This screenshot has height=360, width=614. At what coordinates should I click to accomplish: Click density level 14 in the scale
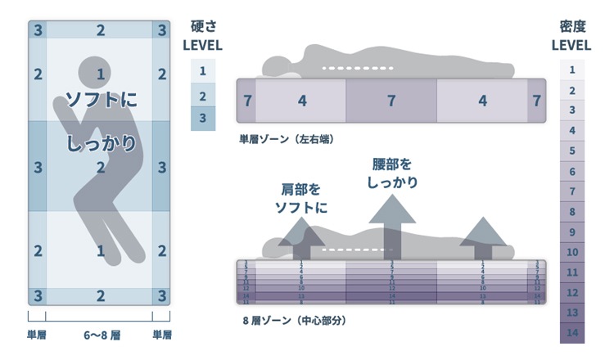click(x=572, y=332)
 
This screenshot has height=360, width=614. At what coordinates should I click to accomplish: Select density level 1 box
click(x=572, y=70)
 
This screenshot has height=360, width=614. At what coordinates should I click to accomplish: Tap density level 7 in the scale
click(x=572, y=191)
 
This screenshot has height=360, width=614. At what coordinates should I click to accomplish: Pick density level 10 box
click(x=572, y=252)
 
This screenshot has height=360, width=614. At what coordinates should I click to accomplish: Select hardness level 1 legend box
click(x=202, y=71)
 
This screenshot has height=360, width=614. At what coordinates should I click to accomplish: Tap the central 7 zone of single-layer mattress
click(x=391, y=101)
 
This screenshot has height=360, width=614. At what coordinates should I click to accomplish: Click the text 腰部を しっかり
click(x=391, y=173)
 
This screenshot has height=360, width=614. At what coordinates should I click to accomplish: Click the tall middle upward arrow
click(x=391, y=229)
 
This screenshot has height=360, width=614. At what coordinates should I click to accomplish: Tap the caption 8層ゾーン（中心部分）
click(x=294, y=320)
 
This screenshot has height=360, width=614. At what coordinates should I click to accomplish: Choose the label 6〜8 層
click(x=100, y=335)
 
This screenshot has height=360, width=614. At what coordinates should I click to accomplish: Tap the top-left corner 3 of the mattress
click(x=38, y=30)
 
